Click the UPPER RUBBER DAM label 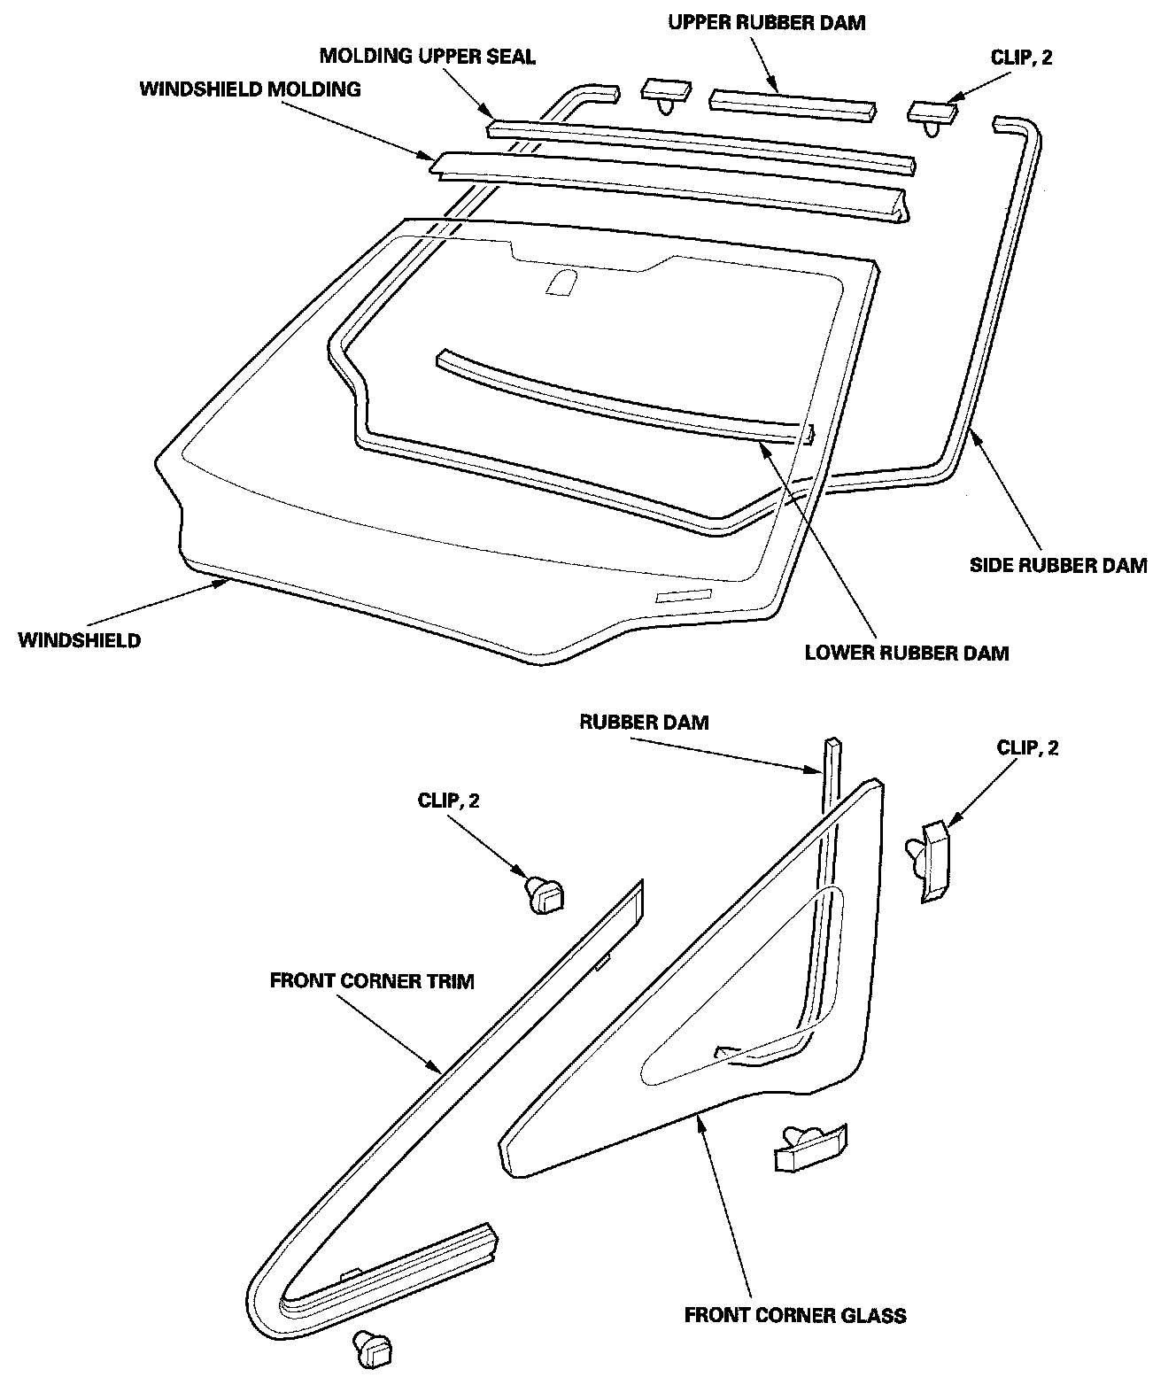click(766, 23)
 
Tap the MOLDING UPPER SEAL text click(427, 57)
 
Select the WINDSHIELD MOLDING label click(250, 89)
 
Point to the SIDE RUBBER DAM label click(1058, 565)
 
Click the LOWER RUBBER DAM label click(907, 654)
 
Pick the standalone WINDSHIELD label click(79, 640)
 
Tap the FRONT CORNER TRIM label click(372, 981)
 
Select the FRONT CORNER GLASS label click(795, 1315)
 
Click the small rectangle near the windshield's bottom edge click(683, 595)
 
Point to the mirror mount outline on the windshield click(560, 282)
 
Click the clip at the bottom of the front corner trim click(372, 1349)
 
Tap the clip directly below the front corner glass click(809, 1146)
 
